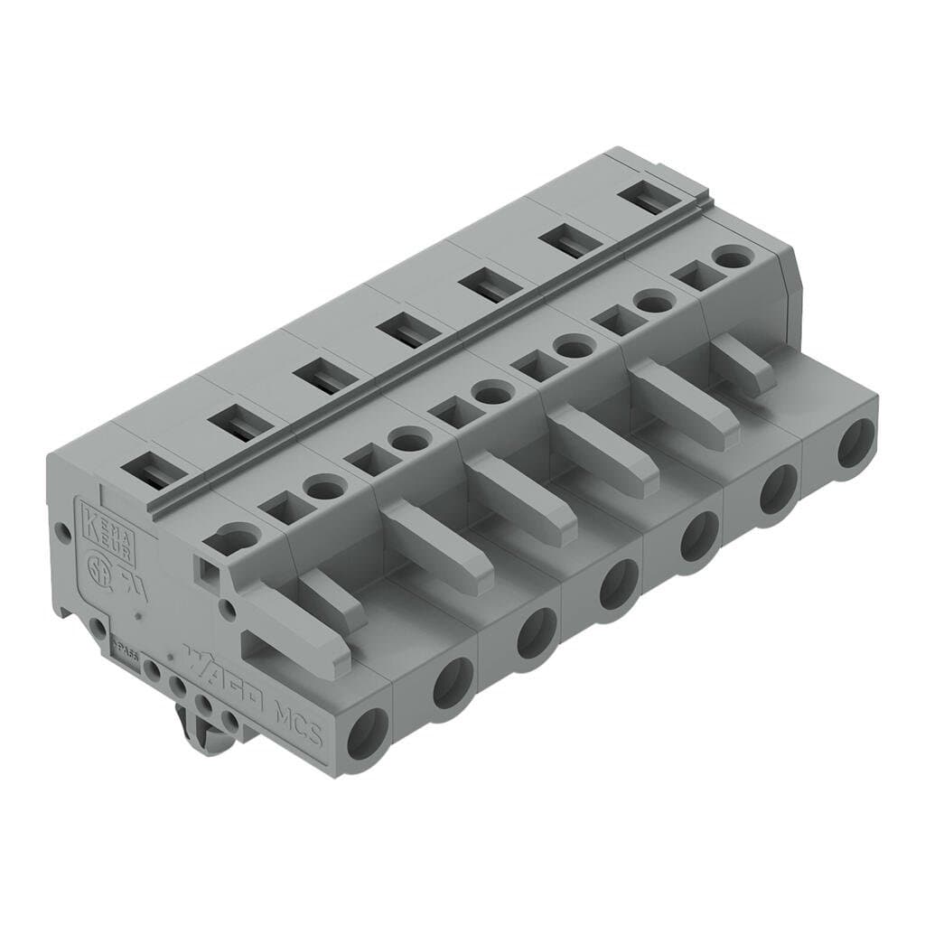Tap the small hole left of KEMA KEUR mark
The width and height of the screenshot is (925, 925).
coord(63,533)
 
